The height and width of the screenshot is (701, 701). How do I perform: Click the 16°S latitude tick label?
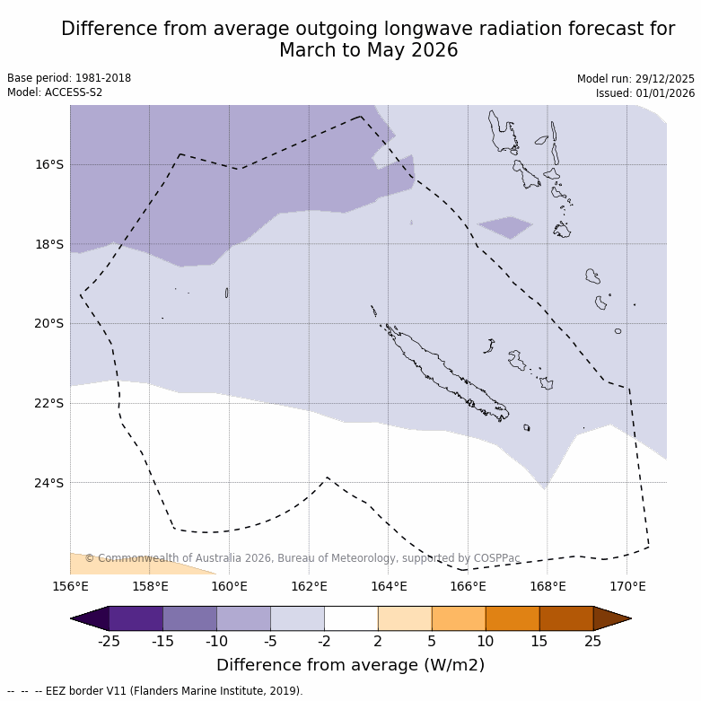(49, 164)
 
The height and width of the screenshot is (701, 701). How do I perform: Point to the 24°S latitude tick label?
(49, 483)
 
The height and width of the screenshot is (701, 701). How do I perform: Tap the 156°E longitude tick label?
(70, 587)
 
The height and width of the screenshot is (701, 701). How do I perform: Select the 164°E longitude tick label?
(389, 587)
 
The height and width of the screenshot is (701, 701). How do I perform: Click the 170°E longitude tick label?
(627, 587)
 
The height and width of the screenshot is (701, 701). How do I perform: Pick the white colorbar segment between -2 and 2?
(351, 618)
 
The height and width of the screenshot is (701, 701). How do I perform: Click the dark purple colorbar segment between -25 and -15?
(136, 618)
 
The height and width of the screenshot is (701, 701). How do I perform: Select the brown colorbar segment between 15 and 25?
(566, 618)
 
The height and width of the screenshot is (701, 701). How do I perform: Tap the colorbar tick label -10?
(216, 640)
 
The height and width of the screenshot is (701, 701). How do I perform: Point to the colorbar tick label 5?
(432, 640)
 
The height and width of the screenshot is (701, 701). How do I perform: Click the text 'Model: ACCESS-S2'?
(55, 92)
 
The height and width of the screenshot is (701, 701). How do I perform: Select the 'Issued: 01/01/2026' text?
(645, 93)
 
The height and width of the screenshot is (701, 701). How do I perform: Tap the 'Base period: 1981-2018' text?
(69, 78)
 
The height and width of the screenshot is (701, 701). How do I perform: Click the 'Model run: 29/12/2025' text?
(635, 79)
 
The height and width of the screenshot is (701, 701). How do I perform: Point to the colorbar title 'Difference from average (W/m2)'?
(350, 665)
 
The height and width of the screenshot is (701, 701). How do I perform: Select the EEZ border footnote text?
(155, 691)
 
